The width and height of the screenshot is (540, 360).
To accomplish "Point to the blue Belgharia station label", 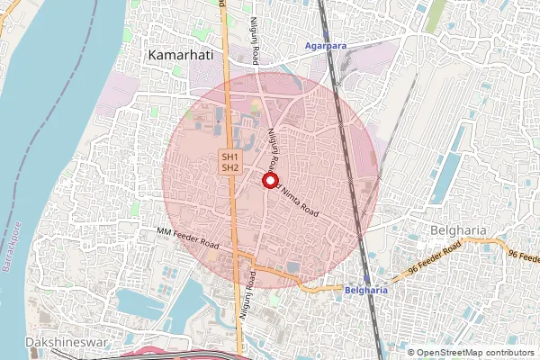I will coord(366,291).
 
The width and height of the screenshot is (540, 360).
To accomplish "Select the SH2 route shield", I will coord(229,167).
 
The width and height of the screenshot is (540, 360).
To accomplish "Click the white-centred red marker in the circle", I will coord(269,180).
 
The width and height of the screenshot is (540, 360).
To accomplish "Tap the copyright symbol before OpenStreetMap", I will coord(412,353).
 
